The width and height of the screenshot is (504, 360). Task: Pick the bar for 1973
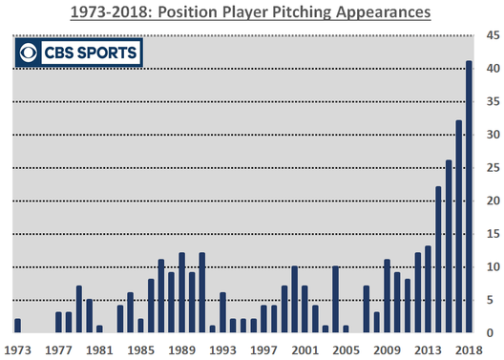pyautogui.click(x=17, y=327)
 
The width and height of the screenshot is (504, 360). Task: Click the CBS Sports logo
pyautogui.click(x=77, y=52)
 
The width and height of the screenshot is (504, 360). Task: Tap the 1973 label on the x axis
pyautogui.click(x=17, y=349)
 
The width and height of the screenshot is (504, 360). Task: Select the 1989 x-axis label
pyautogui.click(x=181, y=349)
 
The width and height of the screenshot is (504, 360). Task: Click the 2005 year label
pyautogui.click(x=346, y=349)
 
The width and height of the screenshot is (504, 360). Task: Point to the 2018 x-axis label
pyautogui.click(x=467, y=349)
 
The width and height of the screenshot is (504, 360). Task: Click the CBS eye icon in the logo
pyautogui.click(x=31, y=52)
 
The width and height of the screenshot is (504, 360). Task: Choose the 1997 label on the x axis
pyautogui.click(x=263, y=349)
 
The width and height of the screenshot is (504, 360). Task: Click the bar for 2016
pyautogui.click(x=449, y=247)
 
